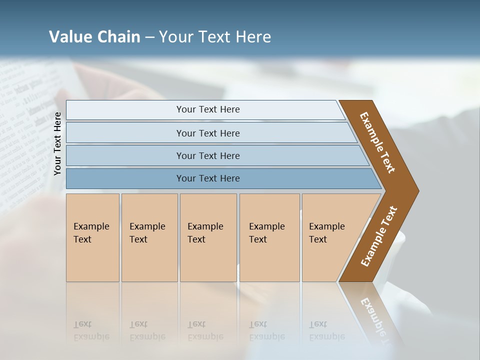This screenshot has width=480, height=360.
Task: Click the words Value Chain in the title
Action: click(94, 37)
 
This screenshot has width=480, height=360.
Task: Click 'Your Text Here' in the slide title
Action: click(215, 37)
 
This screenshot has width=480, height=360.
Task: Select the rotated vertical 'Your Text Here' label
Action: click(57, 143)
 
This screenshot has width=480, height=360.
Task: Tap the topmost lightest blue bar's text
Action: click(208, 109)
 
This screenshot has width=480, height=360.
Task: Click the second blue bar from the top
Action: click(208, 133)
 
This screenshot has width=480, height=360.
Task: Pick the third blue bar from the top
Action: click(208, 155)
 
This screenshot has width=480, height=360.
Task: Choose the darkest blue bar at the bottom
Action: click(208, 178)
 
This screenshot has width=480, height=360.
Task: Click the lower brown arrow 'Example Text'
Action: click(378, 236)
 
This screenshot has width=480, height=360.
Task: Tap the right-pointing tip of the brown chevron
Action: click(415, 191)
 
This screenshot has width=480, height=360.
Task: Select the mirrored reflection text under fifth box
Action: click(326, 331)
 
